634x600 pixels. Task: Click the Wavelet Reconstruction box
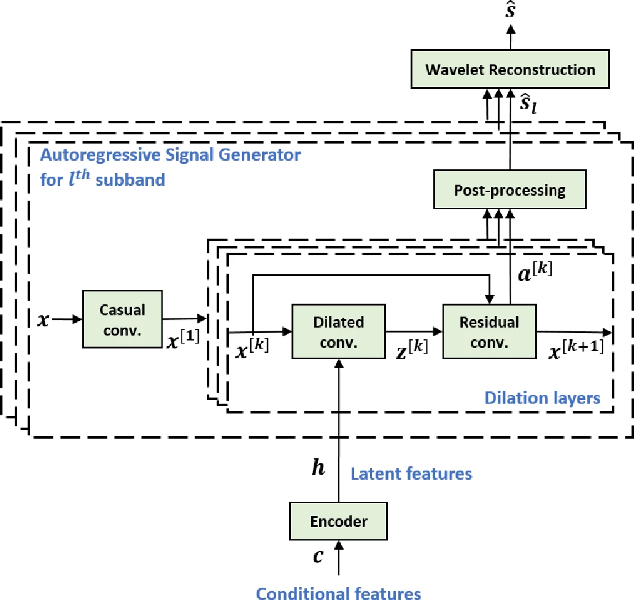click(x=510, y=69)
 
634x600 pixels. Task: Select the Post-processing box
click(x=510, y=190)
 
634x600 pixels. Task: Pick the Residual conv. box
click(x=489, y=331)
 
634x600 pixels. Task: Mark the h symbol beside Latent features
click(x=318, y=468)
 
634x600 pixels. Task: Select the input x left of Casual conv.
click(x=42, y=320)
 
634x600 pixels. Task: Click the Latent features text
click(x=411, y=473)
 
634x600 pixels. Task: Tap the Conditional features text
click(x=338, y=593)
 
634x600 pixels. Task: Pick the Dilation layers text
click(x=542, y=398)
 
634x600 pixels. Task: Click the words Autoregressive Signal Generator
click(x=170, y=155)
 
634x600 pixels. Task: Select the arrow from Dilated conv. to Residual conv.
click(x=413, y=331)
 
